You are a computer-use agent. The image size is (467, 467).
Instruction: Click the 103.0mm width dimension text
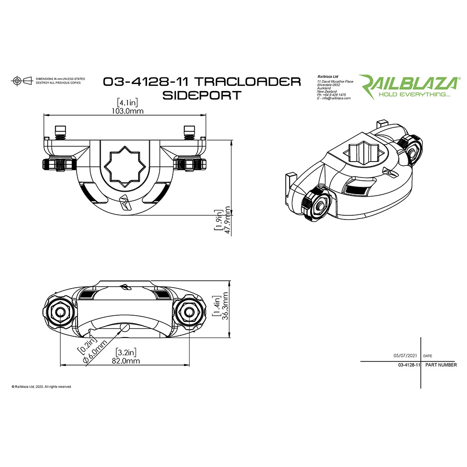coord(127,111)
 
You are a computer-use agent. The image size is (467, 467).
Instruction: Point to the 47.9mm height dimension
coord(228,219)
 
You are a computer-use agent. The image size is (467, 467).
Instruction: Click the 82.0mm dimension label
coord(126,361)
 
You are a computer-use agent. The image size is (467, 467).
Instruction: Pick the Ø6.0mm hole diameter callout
coord(92,355)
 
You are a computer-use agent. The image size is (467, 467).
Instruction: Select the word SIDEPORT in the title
coord(201,95)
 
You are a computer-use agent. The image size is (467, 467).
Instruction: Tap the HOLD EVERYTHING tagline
coord(414,95)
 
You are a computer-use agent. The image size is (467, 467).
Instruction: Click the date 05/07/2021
coord(405,355)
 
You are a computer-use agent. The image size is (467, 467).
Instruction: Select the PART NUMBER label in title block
coord(441,365)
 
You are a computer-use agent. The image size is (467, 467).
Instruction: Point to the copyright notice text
coord(42,387)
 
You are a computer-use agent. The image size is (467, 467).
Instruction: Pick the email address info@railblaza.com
coord(334,99)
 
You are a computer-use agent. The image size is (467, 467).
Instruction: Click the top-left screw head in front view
coord(59,129)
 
